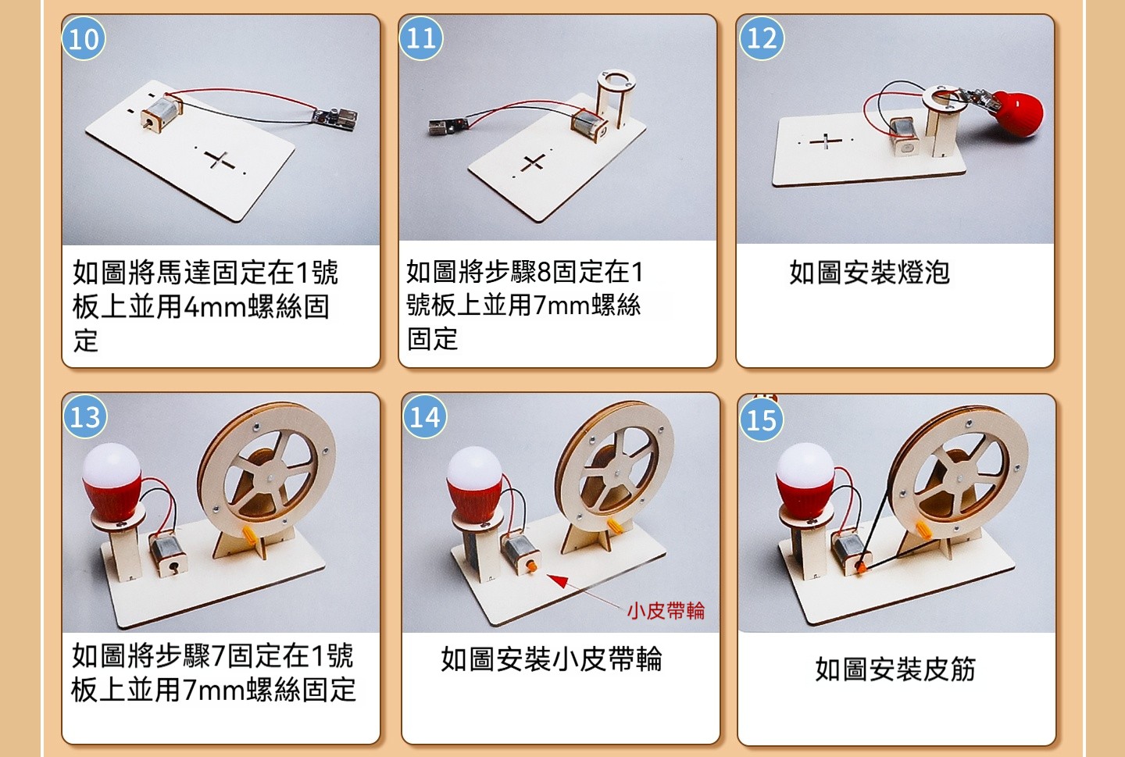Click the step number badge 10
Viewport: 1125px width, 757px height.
84,38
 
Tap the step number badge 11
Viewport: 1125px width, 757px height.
421,38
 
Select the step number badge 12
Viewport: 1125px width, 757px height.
762,38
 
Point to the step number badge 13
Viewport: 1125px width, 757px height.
85,416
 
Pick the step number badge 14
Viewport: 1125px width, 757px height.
425,416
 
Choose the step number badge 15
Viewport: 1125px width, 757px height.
762,420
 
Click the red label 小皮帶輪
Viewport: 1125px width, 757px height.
666,611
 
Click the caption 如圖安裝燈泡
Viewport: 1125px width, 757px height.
870,273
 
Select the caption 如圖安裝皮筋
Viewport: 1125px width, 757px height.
895,669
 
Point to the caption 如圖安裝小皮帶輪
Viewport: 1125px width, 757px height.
552,659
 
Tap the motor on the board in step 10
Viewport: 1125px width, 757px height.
161,112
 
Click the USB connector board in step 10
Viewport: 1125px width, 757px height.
335,119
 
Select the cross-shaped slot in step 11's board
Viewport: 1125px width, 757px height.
533,162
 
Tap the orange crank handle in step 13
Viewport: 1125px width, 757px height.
249,534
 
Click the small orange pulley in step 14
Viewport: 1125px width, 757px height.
530,566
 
